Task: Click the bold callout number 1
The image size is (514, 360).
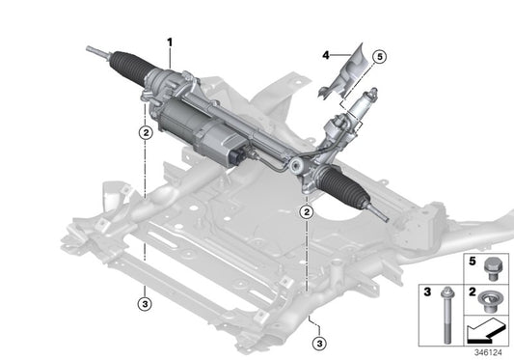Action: (x=170, y=42)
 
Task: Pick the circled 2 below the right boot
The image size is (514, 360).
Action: (x=307, y=211)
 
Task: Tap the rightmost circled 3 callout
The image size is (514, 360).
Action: (x=317, y=342)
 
